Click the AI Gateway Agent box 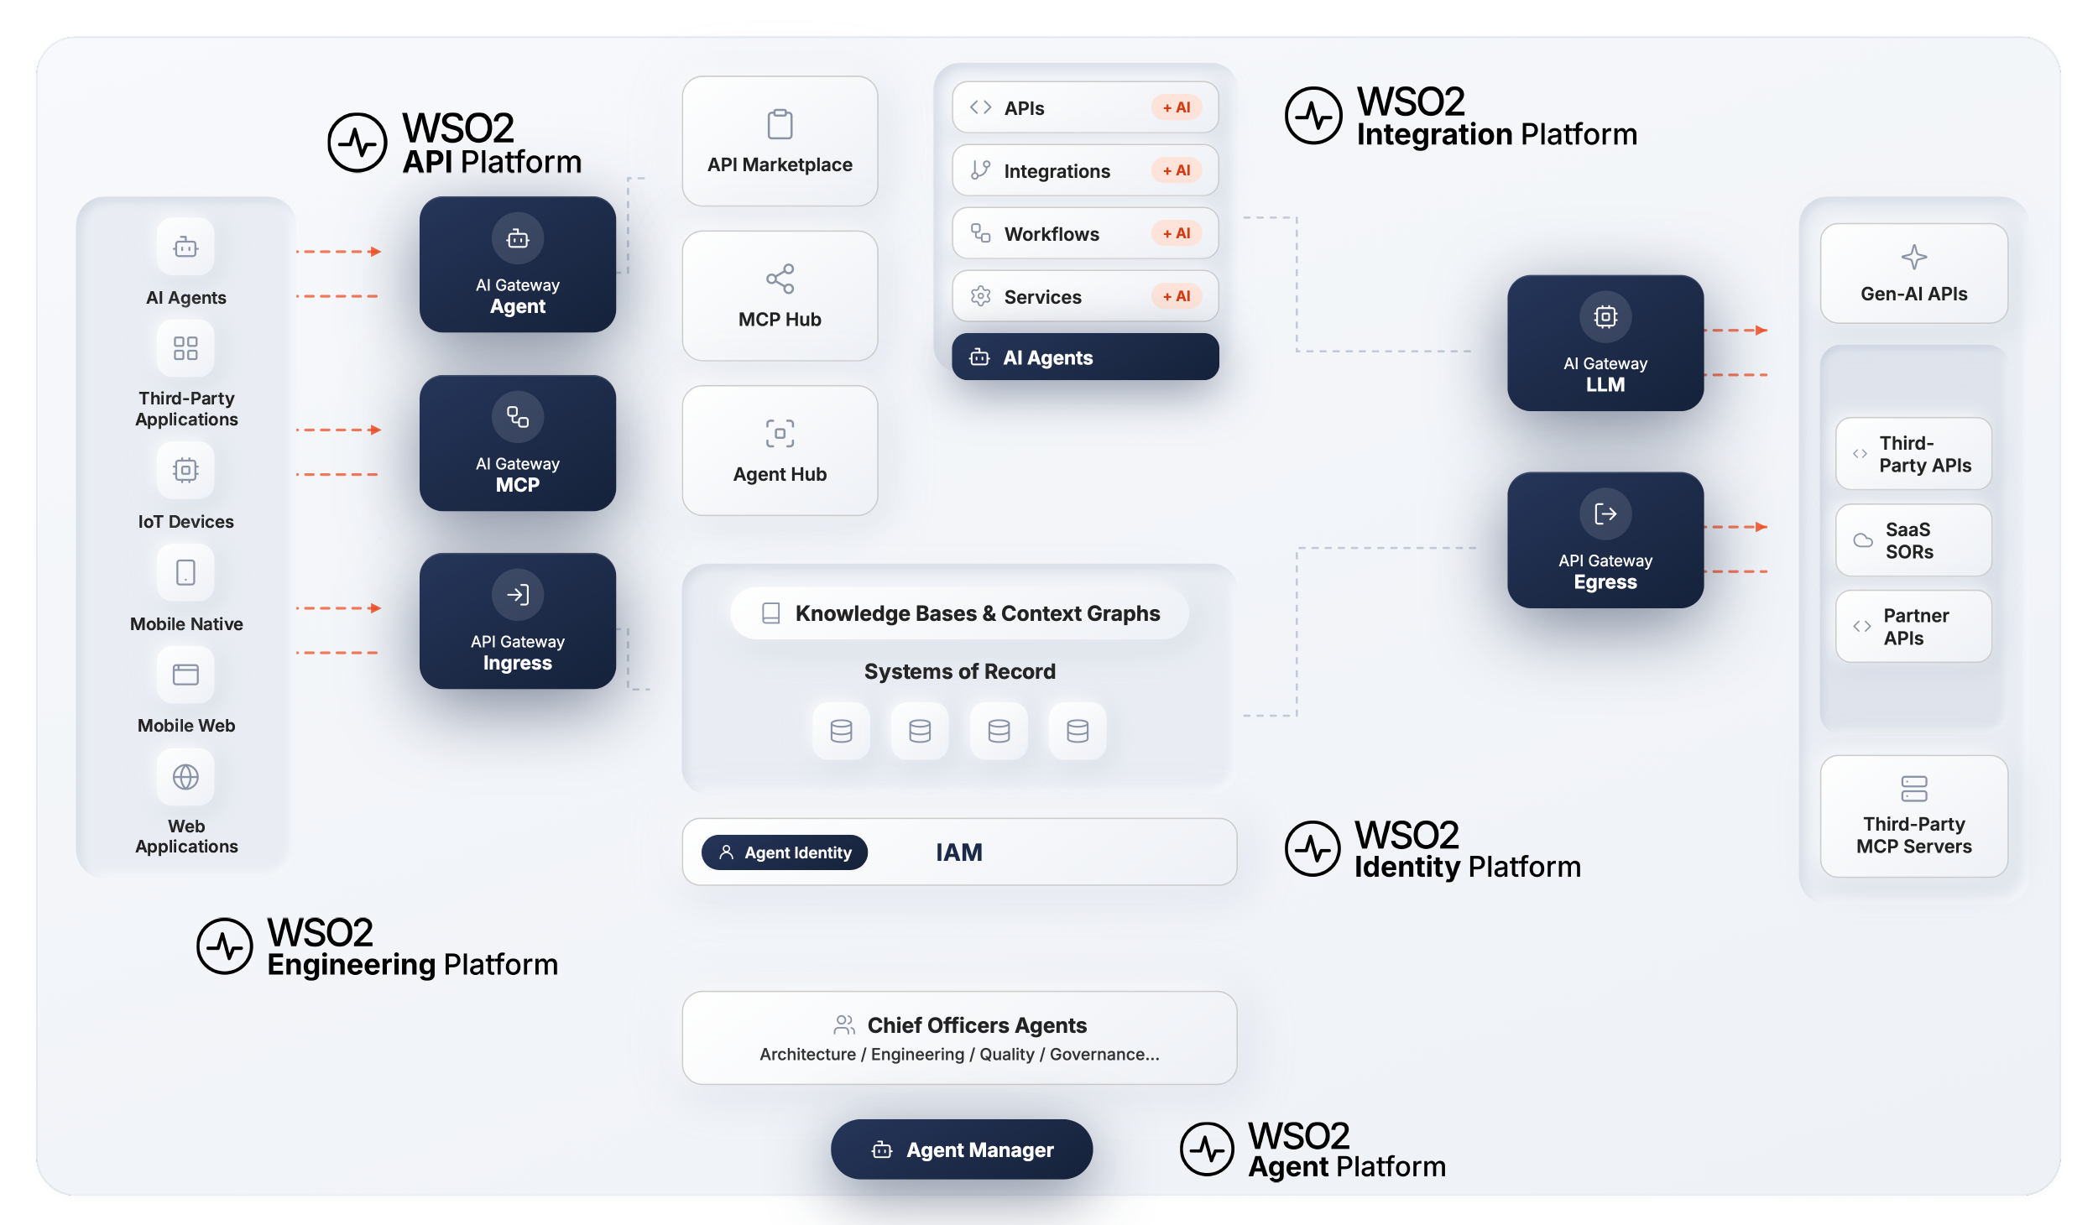[x=518, y=264]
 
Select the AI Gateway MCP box [x=518, y=443]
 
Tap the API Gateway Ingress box [x=518, y=621]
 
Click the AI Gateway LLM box [x=1605, y=343]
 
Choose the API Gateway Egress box [x=1605, y=540]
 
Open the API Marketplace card [x=780, y=141]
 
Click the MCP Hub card [x=780, y=295]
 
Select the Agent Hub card [x=780, y=451]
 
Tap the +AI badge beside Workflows [x=1177, y=233]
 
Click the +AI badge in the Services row [x=1177, y=296]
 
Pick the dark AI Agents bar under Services [x=1085, y=357]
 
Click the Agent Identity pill [x=785, y=852]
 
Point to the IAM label [x=959, y=852]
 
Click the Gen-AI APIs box [x=1914, y=274]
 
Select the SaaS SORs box [x=1913, y=540]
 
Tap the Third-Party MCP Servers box [x=1914, y=816]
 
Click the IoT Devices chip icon [x=185, y=470]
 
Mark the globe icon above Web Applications [x=185, y=777]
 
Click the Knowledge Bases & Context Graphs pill [x=959, y=613]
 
